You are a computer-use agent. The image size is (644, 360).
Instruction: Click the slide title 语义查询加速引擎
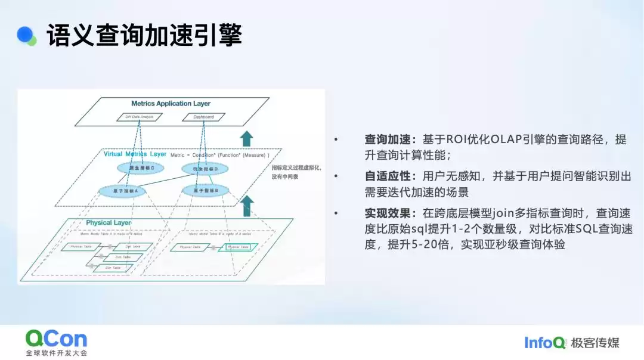[144, 36]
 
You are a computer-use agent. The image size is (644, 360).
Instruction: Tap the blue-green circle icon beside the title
[26, 36]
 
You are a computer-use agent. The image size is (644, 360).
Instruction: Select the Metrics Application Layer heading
[171, 104]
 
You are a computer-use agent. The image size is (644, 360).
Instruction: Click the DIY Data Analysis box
[135, 117]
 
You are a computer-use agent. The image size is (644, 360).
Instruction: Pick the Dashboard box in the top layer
[203, 117]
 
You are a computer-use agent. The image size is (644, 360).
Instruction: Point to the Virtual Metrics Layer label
[135, 154]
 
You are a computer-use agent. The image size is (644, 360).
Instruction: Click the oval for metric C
[142, 169]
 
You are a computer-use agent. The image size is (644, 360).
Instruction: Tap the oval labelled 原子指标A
[126, 191]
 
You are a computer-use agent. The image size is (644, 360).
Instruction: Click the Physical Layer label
[109, 223]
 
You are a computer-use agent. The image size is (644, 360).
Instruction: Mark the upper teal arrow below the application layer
[246, 138]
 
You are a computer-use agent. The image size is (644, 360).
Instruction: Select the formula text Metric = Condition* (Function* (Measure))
[220, 155]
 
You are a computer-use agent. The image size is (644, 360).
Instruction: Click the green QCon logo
[56, 339]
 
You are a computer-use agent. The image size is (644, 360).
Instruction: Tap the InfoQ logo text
[544, 342]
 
